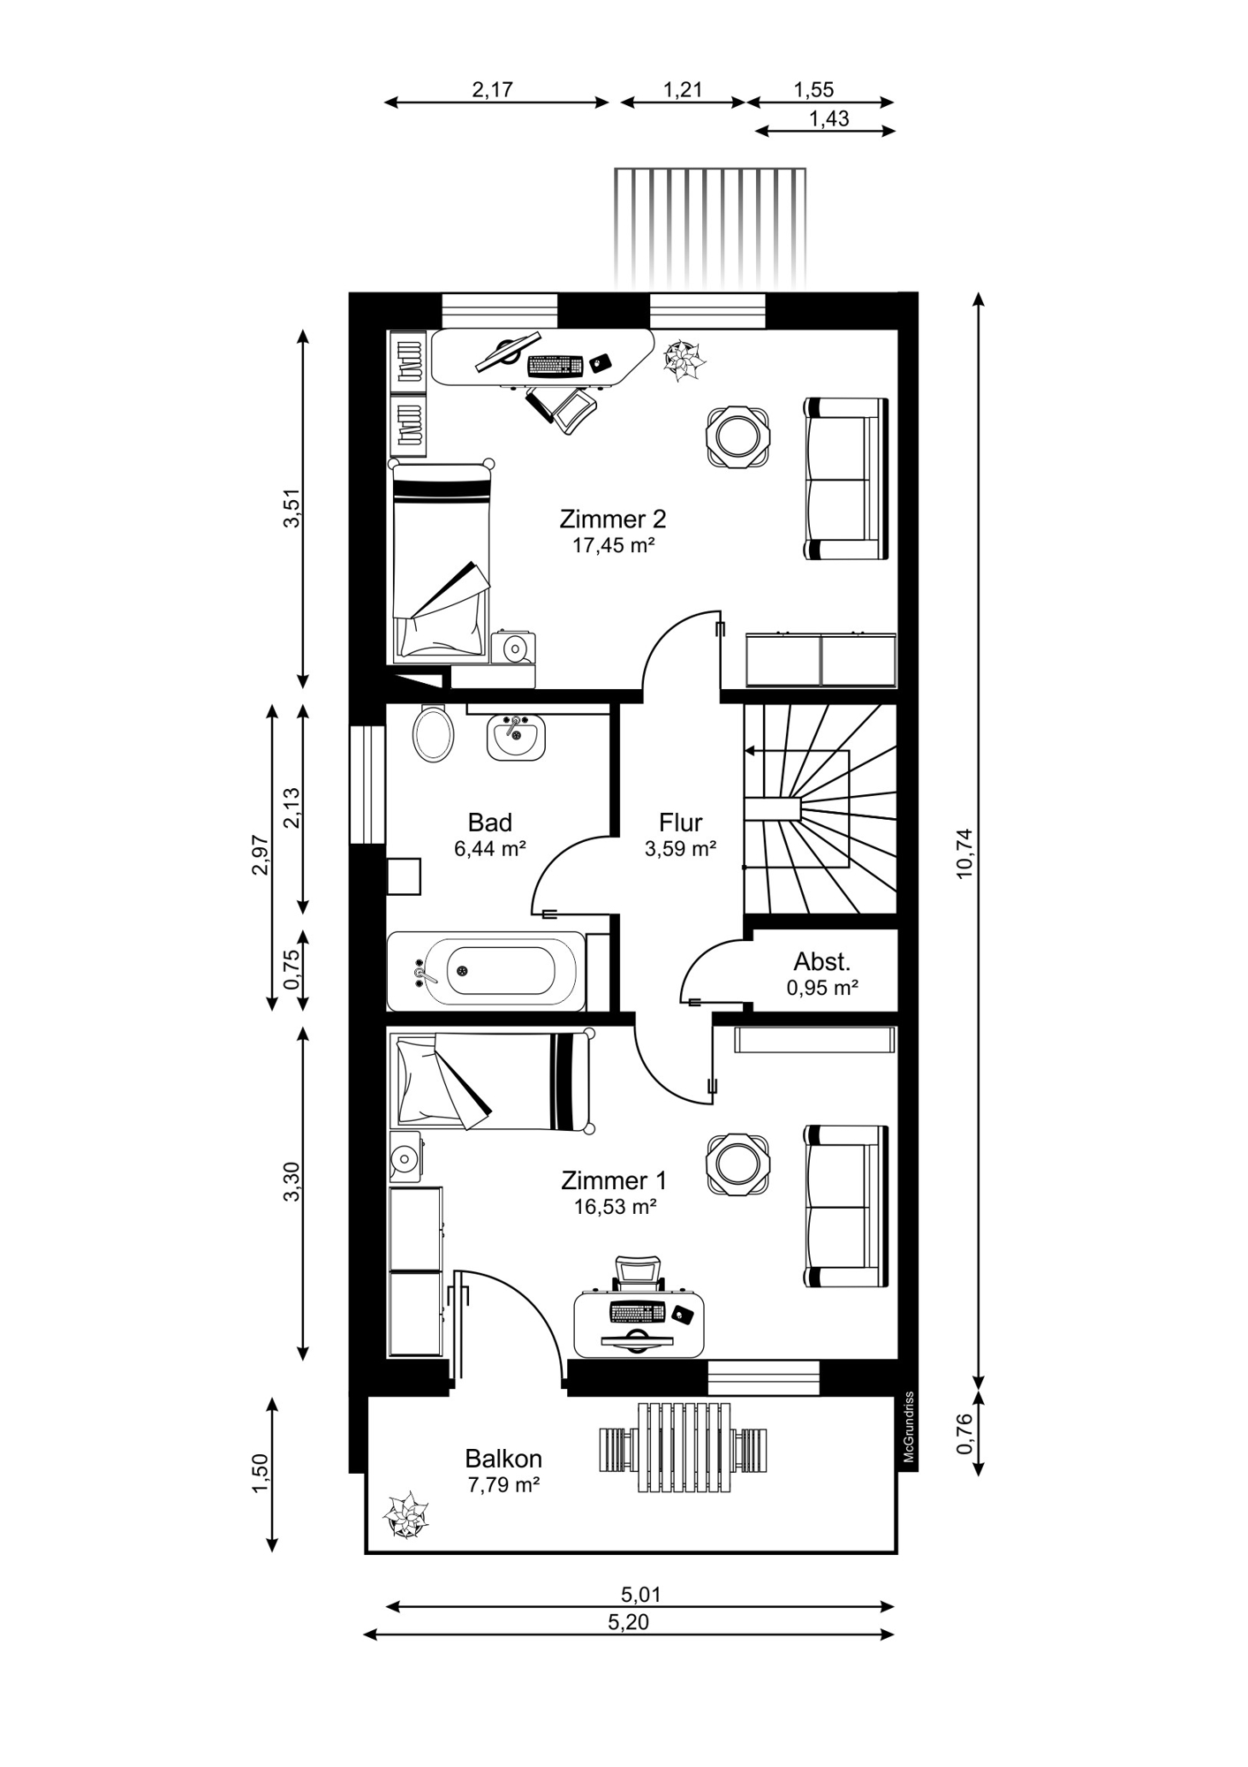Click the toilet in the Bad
coord(433,732)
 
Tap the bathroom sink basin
coord(516,738)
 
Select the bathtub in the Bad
coord(487,971)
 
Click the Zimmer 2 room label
coord(613,519)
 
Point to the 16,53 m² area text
coord(615,1207)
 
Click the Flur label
coord(680,823)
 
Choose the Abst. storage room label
coord(822,961)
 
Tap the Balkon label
coord(503,1459)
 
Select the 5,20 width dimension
coord(629,1622)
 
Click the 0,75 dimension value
coord(292,969)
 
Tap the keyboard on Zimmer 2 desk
coord(555,365)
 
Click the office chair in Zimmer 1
coord(639,1273)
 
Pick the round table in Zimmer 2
coord(737,436)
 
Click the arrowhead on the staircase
coord(749,751)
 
